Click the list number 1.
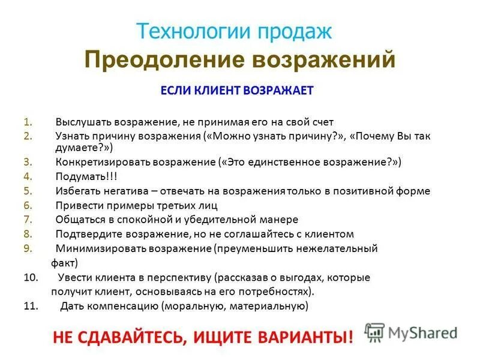[27, 122]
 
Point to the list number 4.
[27, 177]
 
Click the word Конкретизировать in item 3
[101, 162]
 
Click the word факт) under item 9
[65, 263]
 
